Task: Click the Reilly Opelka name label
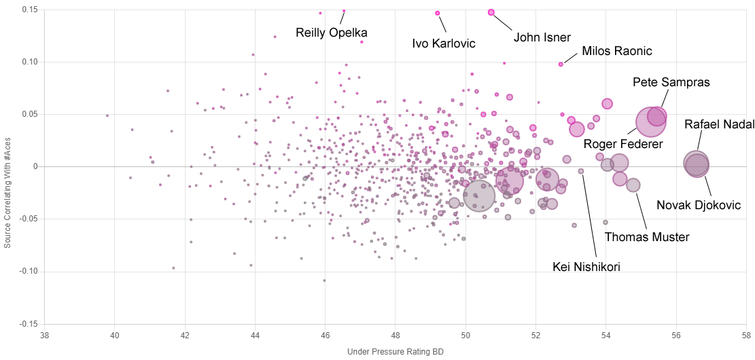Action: (332, 33)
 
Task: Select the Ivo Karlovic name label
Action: (444, 43)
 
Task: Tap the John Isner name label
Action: (542, 38)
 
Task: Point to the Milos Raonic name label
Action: (617, 52)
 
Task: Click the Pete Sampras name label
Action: (671, 82)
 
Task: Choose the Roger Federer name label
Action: (623, 144)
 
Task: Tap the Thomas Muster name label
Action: (647, 237)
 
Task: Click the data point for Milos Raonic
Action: (561, 65)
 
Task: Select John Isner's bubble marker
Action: (491, 12)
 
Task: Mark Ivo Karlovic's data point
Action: (438, 13)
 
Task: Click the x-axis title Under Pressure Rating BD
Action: (396, 352)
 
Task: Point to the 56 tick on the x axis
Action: (676, 336)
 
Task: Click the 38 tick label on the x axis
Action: (45, 336)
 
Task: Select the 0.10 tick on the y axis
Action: (28, 62)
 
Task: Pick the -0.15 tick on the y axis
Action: (27, 324)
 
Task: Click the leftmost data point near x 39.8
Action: (107, 115)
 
